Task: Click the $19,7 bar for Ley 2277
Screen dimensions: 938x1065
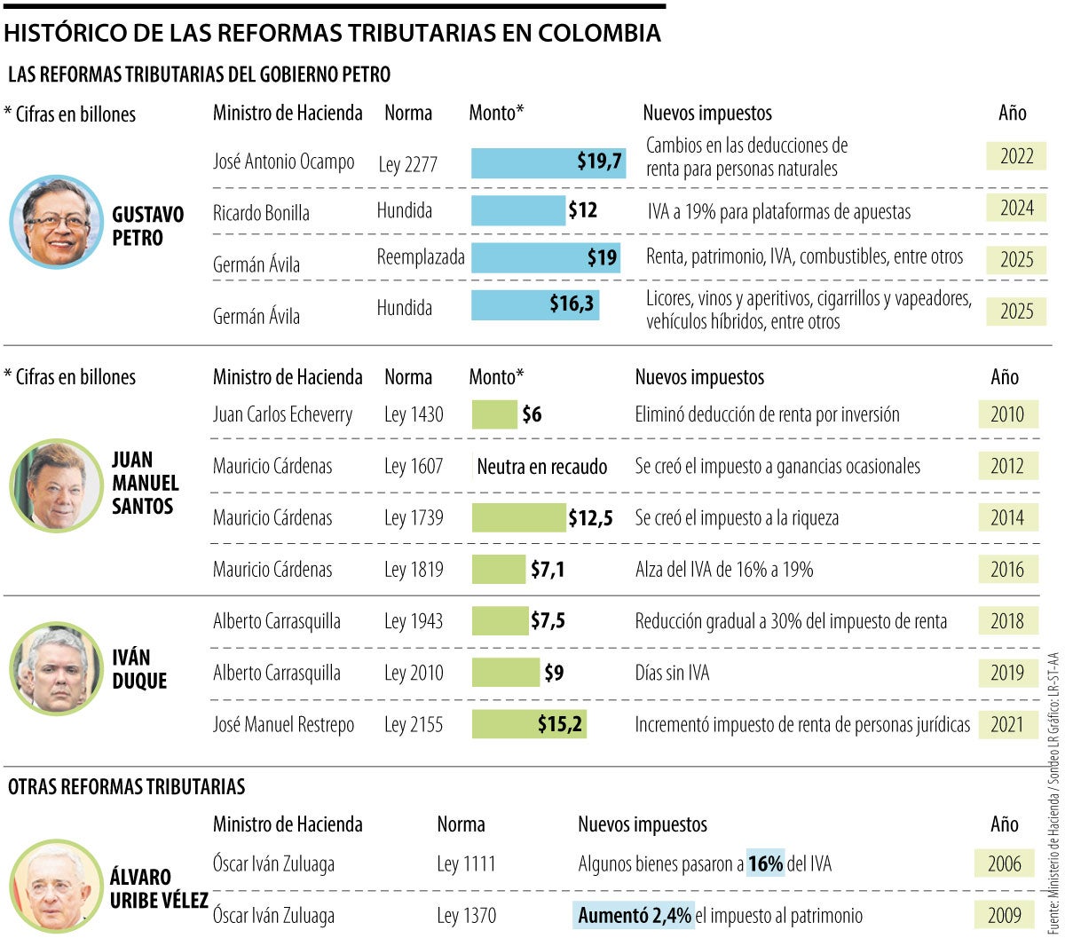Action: coord(548,163)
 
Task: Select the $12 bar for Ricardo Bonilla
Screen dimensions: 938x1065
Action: coord(518,211)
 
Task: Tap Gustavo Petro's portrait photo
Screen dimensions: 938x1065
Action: coord(56,222)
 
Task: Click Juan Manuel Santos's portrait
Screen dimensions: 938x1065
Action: coord(56,485)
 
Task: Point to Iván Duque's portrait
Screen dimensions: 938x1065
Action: coord(56,669)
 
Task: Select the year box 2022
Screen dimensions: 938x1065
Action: coord(1016,157)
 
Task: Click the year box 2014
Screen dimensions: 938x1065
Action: coord(1007,517)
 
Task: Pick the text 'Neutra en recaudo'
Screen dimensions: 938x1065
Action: coord(541,467)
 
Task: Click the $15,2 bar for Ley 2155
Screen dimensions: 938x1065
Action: coord(529,724)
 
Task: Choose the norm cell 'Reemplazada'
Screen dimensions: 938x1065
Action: coord(421,257)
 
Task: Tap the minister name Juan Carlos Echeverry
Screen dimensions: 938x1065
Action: coord(282,414)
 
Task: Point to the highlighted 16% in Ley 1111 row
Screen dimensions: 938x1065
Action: coord(765,863)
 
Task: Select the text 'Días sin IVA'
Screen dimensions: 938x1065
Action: coord(672,674)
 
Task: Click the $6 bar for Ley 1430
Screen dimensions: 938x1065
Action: coord(494,414)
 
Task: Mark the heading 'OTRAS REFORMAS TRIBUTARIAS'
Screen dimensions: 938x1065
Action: coord(126,786)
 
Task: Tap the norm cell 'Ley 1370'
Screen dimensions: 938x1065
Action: coord(466,915)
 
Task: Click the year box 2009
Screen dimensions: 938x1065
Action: coord(1004,915)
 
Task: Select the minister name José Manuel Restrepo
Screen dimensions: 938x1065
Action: coord(283,725)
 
